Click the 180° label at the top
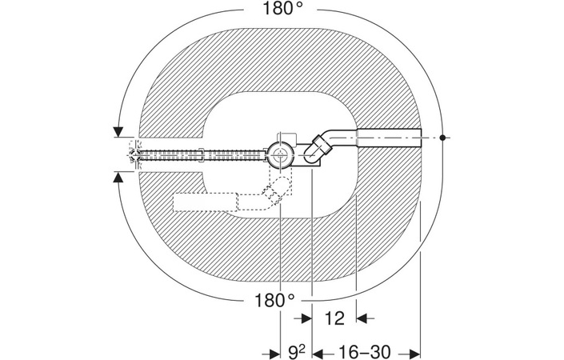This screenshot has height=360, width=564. [x=282, y=8]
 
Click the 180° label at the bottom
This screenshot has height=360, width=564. [x=274, y=300]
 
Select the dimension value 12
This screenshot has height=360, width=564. [x=334, y=318]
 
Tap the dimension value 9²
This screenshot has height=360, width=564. [x=297, y=352]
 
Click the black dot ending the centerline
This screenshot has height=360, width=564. [x=442, y=138]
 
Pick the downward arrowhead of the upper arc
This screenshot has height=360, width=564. [x=118, y=132]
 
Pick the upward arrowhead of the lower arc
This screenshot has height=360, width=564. [x=118, y=177]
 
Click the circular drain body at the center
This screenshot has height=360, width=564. [x=280, y=155]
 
